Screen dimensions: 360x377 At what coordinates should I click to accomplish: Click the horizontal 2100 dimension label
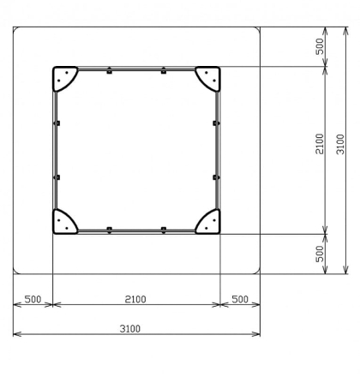point(135,299)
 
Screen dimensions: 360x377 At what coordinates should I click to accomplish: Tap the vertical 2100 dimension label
point(320,144)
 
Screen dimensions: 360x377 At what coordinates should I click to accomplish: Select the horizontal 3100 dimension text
point(130,329)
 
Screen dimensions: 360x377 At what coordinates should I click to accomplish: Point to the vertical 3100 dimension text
point(340,144)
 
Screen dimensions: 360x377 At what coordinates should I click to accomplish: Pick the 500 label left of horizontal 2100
point(33,299)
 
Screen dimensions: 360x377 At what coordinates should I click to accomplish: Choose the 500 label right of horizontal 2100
point(240,299)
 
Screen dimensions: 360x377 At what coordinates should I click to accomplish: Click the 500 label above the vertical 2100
point(320,46)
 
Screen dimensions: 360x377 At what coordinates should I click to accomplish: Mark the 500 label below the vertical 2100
point(320,254)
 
